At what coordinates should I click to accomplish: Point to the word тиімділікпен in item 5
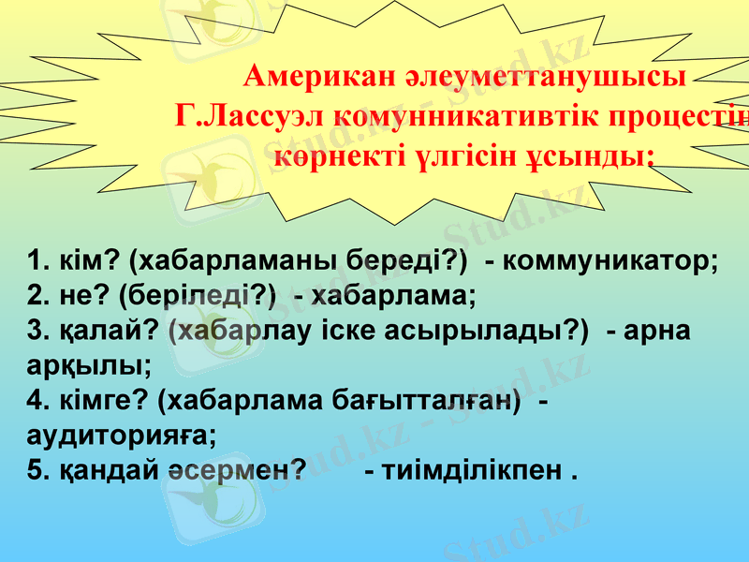[474, 470]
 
